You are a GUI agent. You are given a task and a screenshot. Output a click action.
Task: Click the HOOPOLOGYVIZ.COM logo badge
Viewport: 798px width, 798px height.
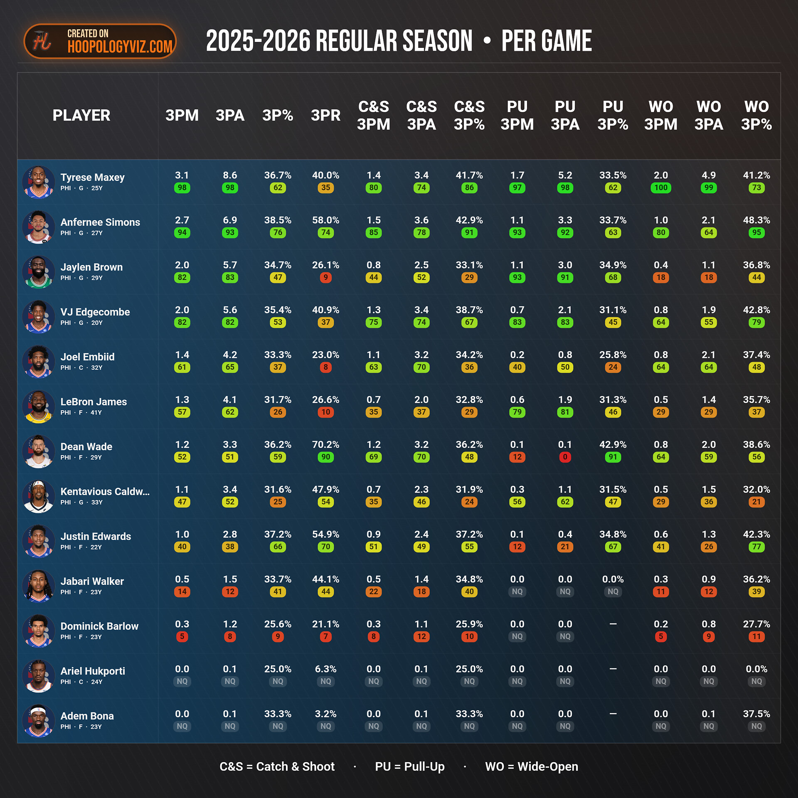100,41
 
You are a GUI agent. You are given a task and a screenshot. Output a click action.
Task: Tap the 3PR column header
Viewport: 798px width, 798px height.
325,116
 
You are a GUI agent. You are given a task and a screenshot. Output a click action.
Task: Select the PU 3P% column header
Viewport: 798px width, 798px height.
613,116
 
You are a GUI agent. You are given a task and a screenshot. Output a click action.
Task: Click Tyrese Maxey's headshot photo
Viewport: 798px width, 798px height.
39,182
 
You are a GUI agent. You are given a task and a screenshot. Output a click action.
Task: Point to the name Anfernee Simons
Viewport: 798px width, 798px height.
100,222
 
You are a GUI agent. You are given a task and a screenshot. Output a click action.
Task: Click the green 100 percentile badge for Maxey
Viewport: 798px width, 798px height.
660,188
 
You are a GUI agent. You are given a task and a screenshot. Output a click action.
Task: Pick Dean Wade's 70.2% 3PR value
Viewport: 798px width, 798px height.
325,445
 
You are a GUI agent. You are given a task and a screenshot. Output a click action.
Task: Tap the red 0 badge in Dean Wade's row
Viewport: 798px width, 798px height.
565,457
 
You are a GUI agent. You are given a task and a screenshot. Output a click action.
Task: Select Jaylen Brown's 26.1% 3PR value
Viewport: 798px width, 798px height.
325,265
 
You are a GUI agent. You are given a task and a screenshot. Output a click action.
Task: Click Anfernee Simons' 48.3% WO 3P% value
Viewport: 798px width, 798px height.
756,220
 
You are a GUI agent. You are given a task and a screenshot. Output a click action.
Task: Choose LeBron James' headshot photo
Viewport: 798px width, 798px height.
39,406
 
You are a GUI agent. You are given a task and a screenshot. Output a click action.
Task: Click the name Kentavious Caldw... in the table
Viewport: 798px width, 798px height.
105,491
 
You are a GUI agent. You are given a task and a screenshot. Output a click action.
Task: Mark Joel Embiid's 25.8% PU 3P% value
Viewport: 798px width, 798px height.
613,355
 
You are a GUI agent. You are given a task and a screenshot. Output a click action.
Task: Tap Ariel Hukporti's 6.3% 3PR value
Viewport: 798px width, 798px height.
325,669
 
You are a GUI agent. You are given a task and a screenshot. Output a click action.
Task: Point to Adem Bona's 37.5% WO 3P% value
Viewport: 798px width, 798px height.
756,714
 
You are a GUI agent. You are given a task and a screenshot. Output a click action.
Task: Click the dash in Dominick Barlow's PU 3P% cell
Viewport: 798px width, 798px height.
613,624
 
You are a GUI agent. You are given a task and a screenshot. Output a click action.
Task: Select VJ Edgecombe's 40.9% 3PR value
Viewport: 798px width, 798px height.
325,310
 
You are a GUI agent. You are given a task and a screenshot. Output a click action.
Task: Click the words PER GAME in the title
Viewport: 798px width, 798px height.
547,41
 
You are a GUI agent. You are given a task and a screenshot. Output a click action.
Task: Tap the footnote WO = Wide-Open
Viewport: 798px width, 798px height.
532,766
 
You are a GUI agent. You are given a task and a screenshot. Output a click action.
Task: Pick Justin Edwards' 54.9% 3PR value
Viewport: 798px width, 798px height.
325,534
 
